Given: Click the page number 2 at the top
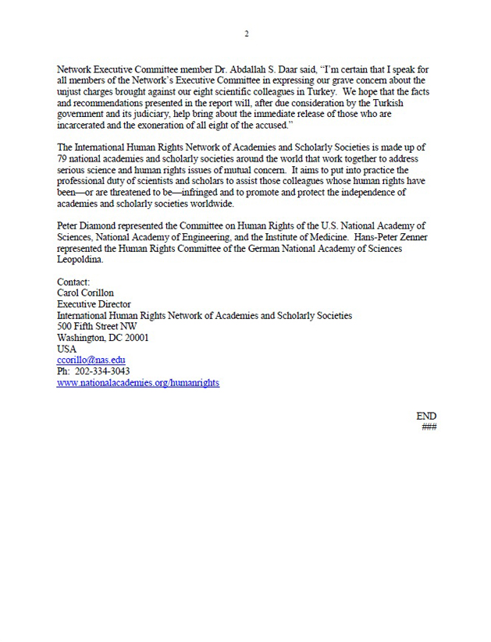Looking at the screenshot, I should (x=246, y=34).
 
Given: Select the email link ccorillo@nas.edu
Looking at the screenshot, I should (x=91, y=360).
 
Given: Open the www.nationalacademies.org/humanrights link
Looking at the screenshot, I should (x=138, y=383).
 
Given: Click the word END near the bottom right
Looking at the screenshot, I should (x=426, y=417).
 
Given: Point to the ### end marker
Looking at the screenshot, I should (x=429, y=427).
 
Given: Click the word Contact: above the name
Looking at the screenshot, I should (x=74, y=282).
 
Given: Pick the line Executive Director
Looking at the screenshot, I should (x=94, y=304).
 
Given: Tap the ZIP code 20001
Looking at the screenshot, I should (x=134, y=338).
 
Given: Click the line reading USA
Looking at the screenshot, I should (x=67, y=349).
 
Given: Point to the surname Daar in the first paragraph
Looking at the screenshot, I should (x=279, y=69).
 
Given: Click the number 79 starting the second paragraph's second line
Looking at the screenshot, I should (x=63, y=158).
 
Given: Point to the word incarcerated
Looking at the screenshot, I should (x=89, y=125).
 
